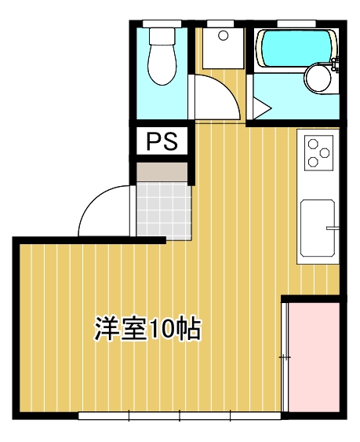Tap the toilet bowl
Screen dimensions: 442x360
pos(162,66)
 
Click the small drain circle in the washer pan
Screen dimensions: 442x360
pos(223,35)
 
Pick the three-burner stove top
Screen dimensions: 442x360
pos(318,152)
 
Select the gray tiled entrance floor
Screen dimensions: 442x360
pos(163,208)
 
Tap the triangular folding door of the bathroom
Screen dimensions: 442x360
pos(261,107)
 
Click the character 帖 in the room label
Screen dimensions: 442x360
pos(191,328)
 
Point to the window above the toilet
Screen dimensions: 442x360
pos(162,22)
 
